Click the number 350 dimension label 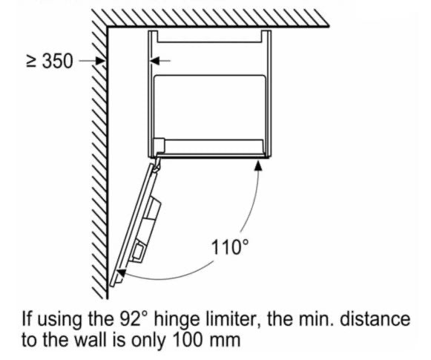click(x=58, y=61)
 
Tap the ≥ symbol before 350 click(x=31, y=62)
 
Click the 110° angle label click(x=230, y=247)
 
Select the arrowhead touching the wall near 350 click(x=101, y=61)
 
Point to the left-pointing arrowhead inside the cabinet click(x=154, y=61)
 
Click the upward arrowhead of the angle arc click(x=258, y=166)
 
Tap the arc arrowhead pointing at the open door click(x=122, y=273)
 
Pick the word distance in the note click(x=375, y=319)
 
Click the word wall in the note click(x=91, y=340)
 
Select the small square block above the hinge click(x=159, y=145)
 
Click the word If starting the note click(x=27, y=319)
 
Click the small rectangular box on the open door click(x=138, y=253)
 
